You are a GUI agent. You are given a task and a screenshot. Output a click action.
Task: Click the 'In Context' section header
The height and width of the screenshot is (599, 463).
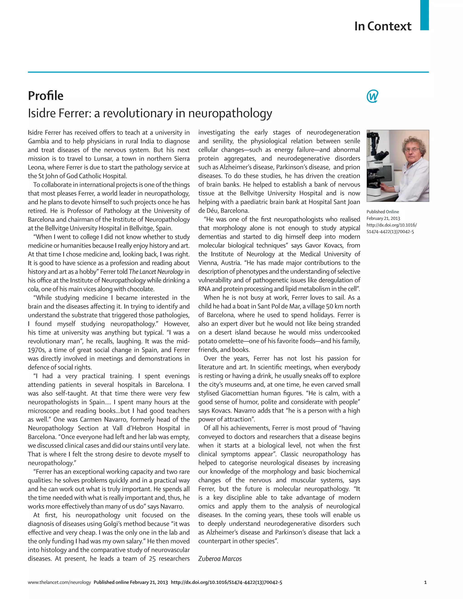[x=383, y=26]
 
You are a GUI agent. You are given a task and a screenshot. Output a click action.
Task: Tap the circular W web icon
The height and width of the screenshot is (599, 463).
[x=372, y=96]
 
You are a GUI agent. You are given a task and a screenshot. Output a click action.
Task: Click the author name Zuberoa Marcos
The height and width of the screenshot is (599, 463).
[x=220, y=559]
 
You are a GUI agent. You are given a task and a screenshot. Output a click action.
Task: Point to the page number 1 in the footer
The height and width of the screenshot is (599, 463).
[x=425, y=582]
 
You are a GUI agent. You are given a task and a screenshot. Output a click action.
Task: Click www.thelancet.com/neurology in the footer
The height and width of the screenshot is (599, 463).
[x=59, y=582]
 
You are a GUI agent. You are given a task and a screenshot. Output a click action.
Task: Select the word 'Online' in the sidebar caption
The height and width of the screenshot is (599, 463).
[x=392, y=212]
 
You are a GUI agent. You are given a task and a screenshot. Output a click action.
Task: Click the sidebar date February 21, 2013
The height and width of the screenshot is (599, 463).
[x=383, y=218]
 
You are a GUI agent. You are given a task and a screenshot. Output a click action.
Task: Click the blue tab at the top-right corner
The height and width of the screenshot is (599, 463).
[x=424, y=15]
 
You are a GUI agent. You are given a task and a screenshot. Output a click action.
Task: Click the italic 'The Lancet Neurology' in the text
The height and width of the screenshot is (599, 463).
[x=156, y=271]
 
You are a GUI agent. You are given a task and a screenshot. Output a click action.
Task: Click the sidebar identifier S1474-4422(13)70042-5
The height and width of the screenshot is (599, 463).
[x=390, y=231]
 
